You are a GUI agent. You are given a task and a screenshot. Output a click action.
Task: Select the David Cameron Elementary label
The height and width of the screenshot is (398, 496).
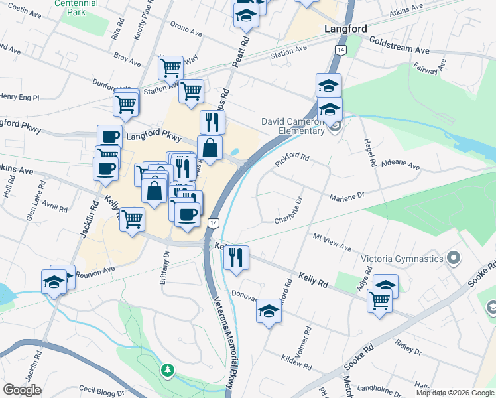(x=293, y=126)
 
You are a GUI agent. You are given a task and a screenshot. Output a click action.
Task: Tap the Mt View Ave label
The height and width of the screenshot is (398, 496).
(x=332, y=242)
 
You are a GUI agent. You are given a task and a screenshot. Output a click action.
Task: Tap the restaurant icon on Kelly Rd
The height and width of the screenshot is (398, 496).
(x=236, y=256)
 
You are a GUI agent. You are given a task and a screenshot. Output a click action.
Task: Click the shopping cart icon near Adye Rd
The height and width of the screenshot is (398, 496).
(x=380, y=300)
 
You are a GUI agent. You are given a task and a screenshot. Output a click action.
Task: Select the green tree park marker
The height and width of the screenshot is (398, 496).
(x=168, y=369)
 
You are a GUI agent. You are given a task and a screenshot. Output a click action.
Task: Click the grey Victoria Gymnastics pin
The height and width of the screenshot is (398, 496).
(x=454, y=257)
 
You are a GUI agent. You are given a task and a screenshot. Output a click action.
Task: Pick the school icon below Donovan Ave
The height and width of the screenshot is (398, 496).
(x=269, y=310)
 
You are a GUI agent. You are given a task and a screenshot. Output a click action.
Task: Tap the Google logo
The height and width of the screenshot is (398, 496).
(x=23, y=390)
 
